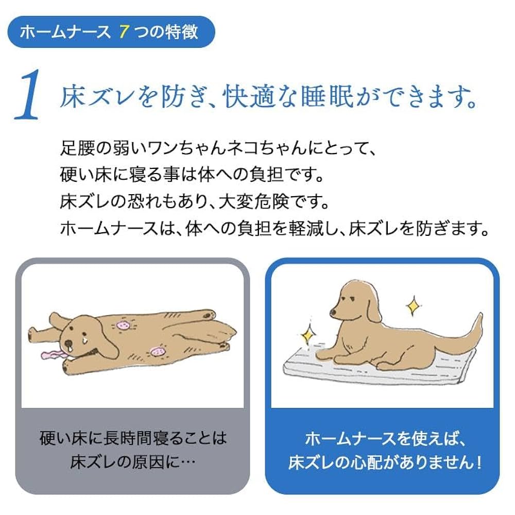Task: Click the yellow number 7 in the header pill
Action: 123,32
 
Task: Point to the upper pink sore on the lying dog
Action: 124,324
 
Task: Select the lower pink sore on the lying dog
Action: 157,352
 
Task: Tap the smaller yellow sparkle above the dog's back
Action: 413,306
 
